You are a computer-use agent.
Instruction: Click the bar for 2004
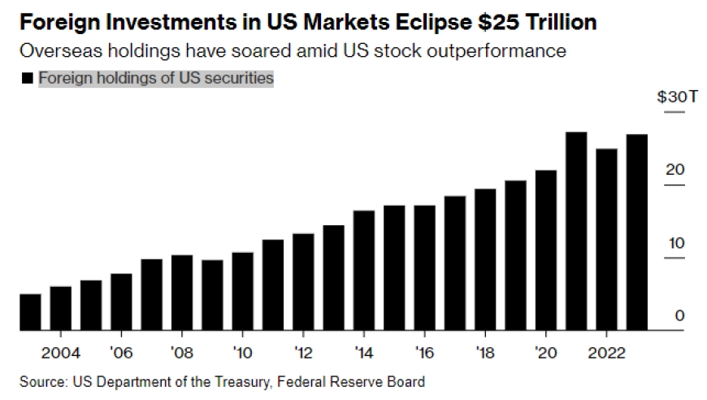tap(61, 308)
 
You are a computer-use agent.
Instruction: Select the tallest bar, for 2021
tap(576, 231)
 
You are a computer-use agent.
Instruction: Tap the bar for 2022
tap(607, 240)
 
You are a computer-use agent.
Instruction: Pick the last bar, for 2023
tap(637, 233)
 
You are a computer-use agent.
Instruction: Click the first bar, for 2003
tap(30, 312)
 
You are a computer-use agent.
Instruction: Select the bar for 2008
tap(182, 293)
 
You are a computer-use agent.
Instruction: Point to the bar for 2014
tap(364, 271)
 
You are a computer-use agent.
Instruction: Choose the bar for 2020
tap(546, 250)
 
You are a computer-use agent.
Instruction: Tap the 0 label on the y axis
tap(680, 315)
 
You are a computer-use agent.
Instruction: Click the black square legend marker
tap(27, 79)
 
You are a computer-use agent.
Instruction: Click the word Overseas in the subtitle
tap(54, 51)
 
